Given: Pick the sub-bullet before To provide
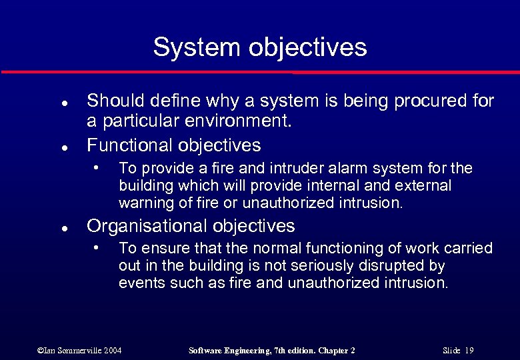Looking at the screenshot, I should point(97,165).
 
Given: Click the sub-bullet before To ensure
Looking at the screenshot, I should point(97,246).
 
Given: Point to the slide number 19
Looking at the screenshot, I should point(470,351).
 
